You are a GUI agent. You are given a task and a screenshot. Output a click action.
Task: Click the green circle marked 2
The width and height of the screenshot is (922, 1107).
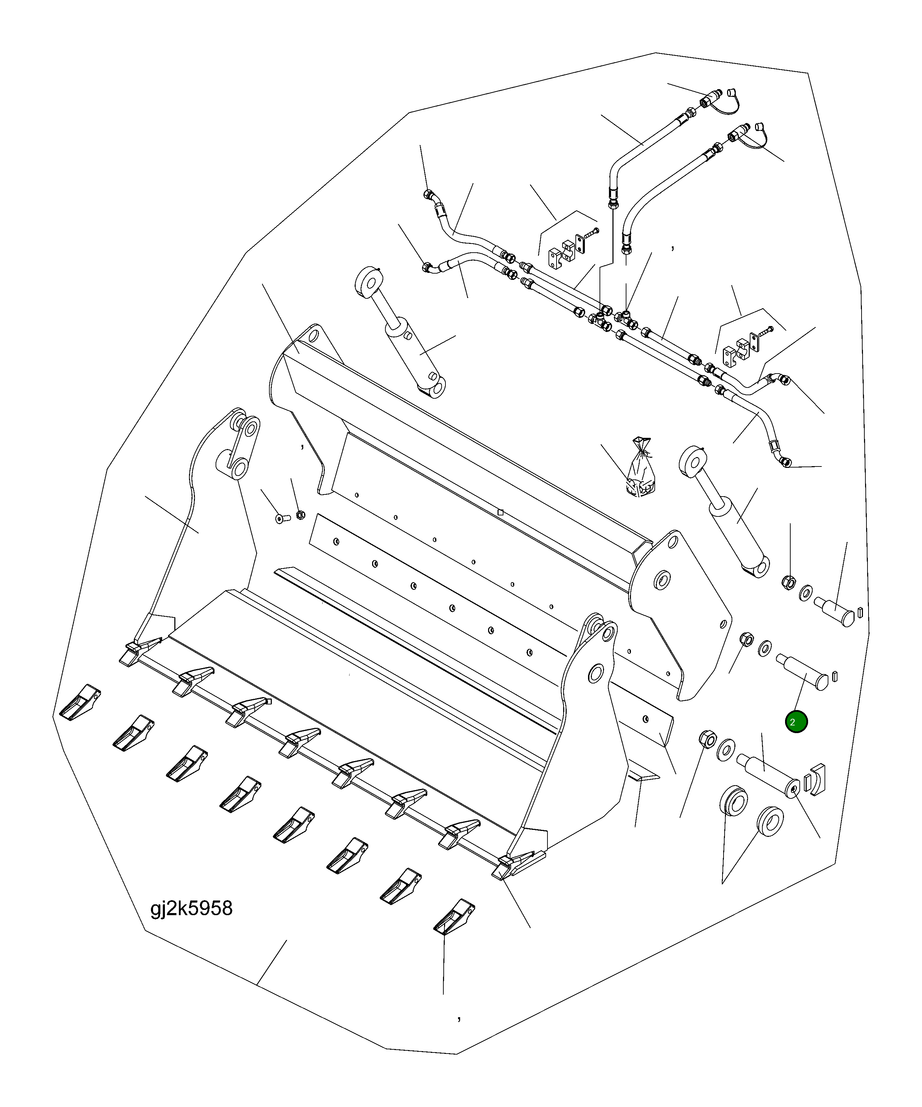[796, 722]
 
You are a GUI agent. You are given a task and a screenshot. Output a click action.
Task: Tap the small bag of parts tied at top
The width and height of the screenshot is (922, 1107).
[640, 470]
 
